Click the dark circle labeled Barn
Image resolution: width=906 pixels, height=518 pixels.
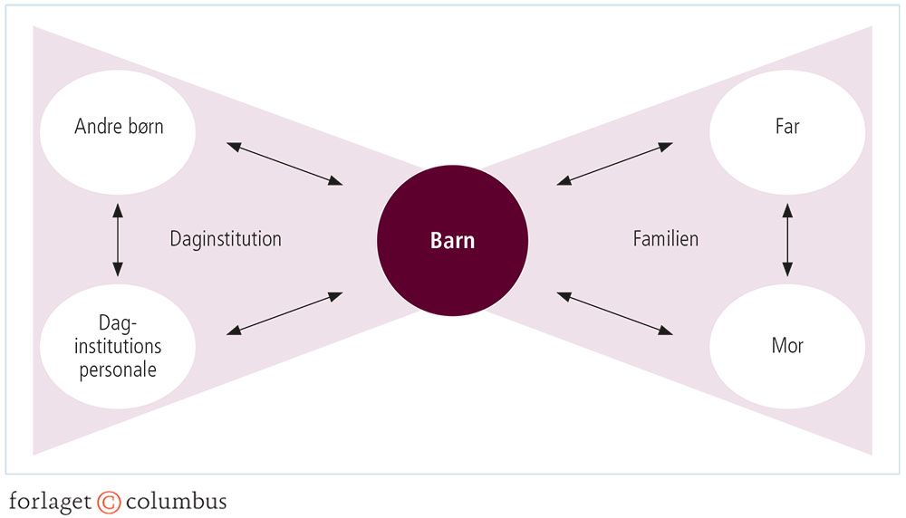point(452,242)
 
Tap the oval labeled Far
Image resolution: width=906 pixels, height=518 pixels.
point(786,127)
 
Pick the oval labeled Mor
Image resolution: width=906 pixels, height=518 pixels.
point(786,346)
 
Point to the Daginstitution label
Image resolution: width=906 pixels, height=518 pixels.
point(226,239)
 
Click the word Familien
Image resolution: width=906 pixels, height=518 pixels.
point(665,239)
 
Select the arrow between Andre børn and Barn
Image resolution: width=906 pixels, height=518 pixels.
point(284,163)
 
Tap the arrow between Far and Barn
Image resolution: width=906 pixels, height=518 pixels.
point(615,163)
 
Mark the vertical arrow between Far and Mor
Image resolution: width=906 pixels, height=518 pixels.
point(786,239)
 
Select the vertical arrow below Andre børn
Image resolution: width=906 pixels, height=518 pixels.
point(118,239)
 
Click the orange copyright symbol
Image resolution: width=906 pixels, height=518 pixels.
point(109,501)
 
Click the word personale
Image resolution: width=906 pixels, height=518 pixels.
point(118,369)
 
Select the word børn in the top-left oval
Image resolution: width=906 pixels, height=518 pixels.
point(143,127)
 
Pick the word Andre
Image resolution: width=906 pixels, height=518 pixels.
point(96,127)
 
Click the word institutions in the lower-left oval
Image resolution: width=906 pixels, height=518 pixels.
point(118,346)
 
